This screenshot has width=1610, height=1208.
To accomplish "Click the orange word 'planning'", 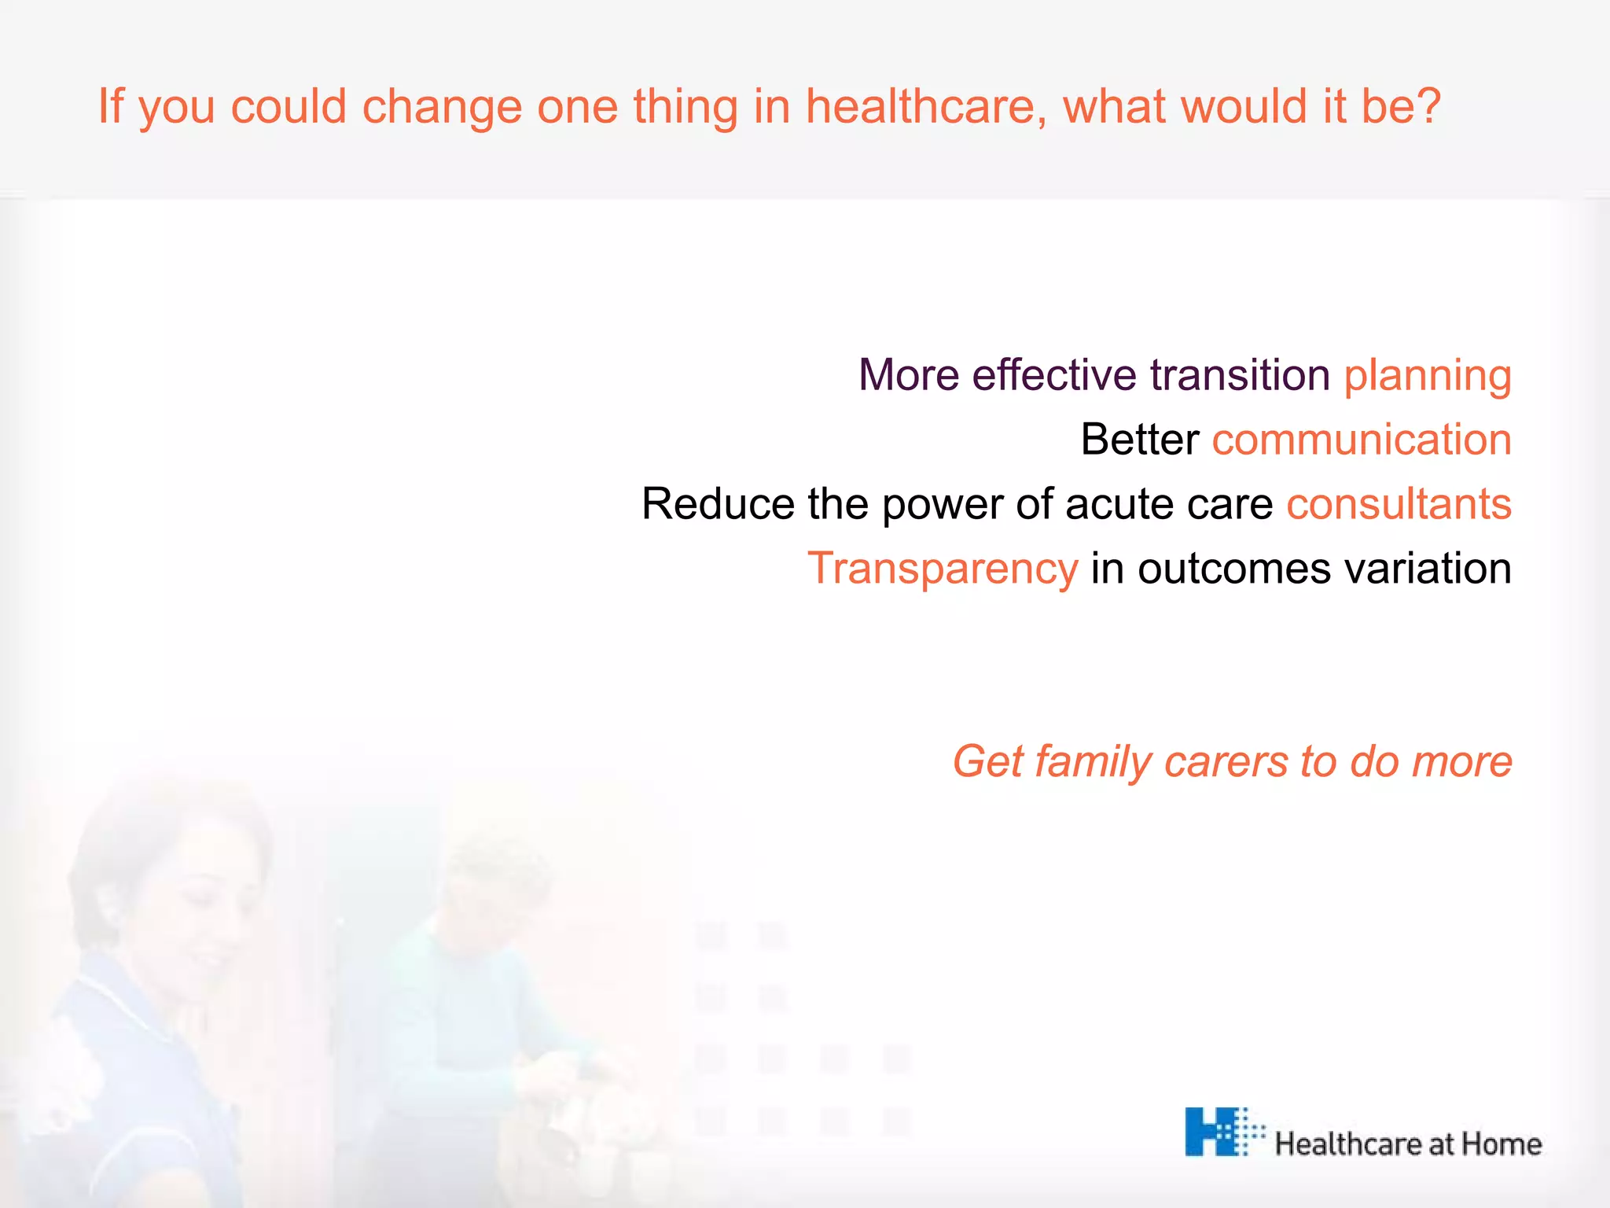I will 1427,377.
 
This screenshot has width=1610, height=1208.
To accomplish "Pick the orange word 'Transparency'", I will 942,569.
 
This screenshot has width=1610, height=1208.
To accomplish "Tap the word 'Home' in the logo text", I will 1501,1144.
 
